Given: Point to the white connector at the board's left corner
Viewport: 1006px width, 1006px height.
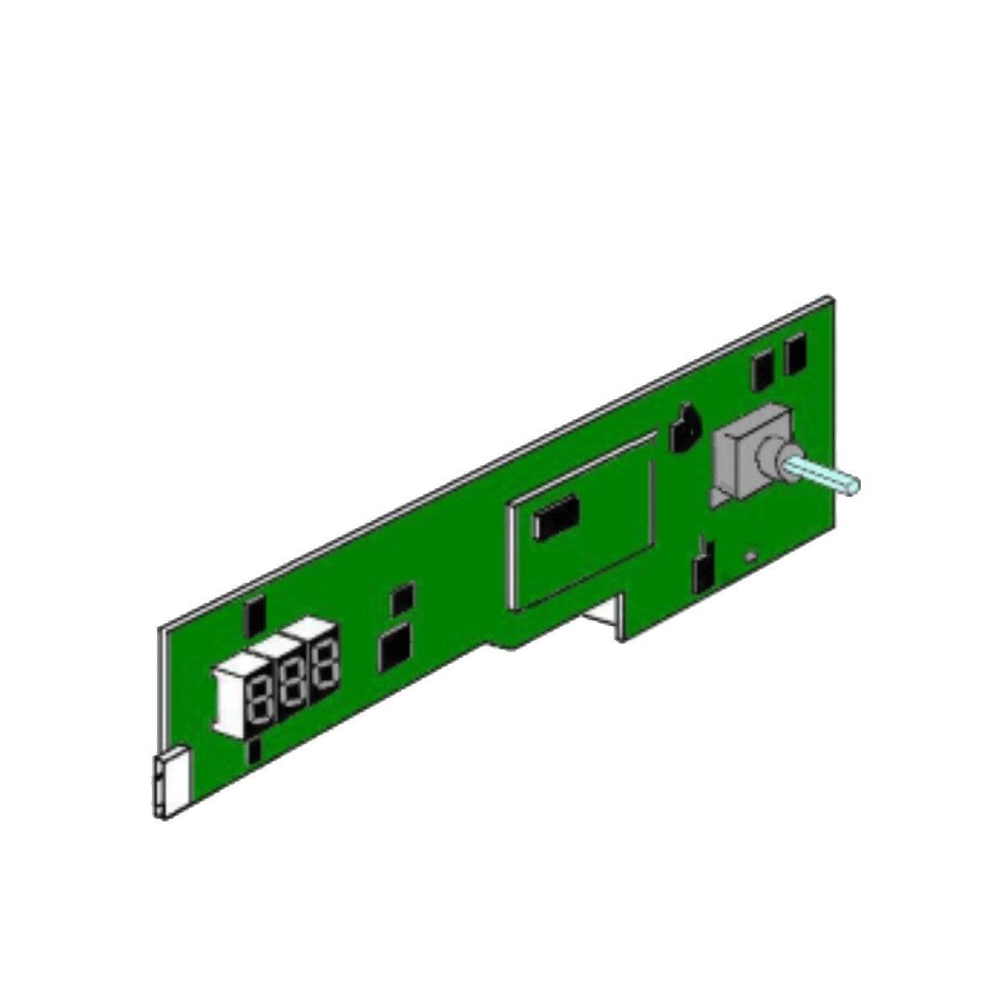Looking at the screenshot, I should [x=166, y=783].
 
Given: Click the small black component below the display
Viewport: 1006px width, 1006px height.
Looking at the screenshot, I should [x=254, y=749].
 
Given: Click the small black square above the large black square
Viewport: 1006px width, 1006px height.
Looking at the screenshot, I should [x=402, y=599].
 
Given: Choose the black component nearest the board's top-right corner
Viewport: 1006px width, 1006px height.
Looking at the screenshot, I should [x=794, y=353].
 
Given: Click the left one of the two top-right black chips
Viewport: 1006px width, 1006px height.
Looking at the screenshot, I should [x=763, y=370].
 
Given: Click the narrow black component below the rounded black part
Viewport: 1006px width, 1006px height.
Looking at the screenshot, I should [x=703, y=567].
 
